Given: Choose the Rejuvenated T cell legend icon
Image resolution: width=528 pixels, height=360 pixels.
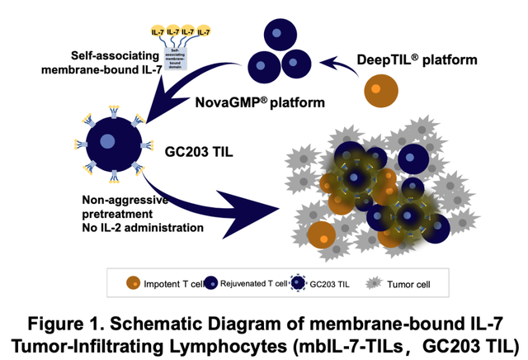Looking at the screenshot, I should click(210, 283).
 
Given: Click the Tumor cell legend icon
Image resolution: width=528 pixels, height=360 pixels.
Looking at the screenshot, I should click(375, 283).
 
